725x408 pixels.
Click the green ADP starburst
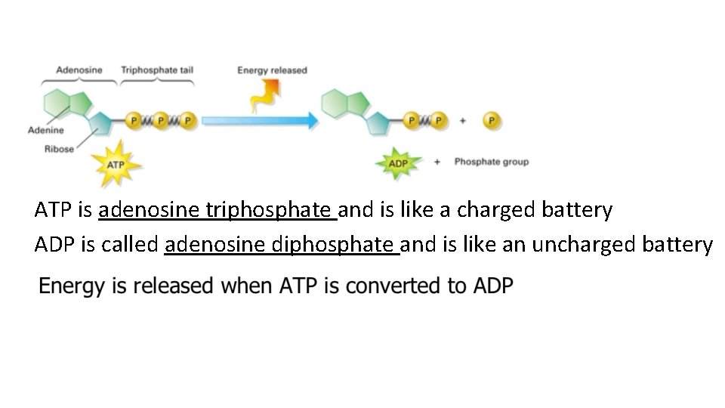coord(397,162)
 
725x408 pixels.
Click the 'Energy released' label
coord(272,70)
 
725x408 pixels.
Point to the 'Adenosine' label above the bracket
coord(79,70)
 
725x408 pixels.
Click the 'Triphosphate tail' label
coord(157,70)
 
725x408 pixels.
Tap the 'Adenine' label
coord(45,130)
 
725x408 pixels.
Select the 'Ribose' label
coord(59,149)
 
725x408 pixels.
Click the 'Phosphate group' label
coord(491,162)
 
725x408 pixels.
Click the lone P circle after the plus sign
coord(492,119)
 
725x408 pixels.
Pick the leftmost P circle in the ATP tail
coord(134,119)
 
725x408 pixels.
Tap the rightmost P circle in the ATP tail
coord(187,119)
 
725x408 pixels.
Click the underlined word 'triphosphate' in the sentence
coord(271,210)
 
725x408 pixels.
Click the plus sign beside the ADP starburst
coord(437,162)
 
